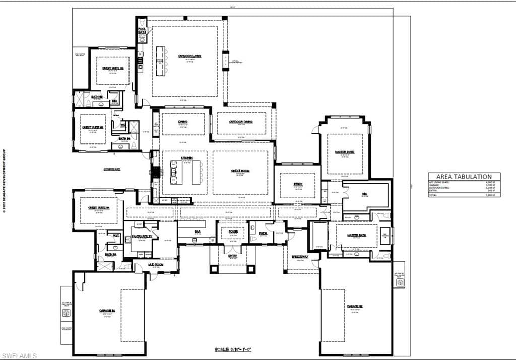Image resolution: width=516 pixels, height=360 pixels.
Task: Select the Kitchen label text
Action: click(187, 158)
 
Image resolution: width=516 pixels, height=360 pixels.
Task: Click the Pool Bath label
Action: click(142, 31)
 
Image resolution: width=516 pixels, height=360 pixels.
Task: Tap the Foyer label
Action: click(233, 231)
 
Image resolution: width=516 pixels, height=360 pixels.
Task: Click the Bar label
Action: click(196, 231)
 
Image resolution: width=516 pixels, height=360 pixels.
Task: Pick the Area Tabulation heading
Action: click(465, 176)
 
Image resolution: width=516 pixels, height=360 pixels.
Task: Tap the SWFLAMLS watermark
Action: click(19, 356)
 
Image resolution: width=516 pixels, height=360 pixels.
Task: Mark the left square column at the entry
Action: click(214, 269)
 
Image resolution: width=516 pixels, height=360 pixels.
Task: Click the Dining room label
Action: click(182, 122)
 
